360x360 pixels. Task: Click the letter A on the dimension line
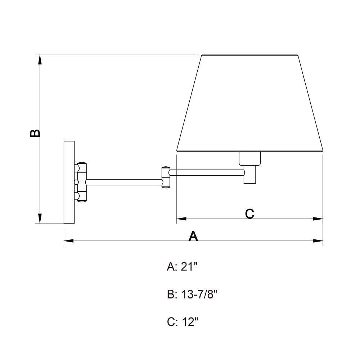coord(193,236)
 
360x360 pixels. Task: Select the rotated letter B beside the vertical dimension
coord(35,133)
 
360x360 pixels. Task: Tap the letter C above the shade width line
coord(249,214)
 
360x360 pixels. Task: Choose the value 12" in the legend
coord(190,322)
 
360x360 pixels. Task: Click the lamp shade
coord(250,103)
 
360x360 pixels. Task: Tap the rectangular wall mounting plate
coord(69,182)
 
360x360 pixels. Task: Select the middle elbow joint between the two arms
coord(166,177)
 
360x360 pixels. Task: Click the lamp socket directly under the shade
coord(250,159)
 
